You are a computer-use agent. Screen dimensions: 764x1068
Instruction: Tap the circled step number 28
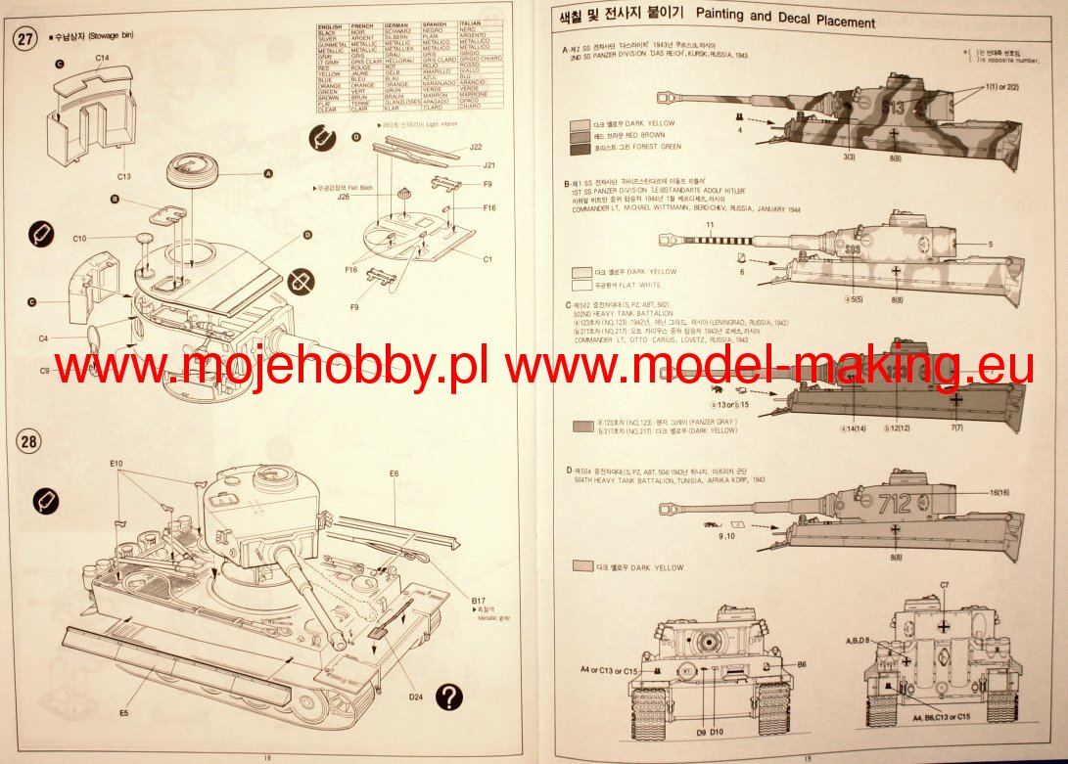(x=30, y=441)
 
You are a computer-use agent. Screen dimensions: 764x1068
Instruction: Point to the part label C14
(x=102, y=59)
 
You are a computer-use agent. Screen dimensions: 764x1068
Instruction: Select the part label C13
(x=124, y=176)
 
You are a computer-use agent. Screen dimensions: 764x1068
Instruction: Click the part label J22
(x=476, y=147)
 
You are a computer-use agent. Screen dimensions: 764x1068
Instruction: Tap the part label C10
(x=80, y=239)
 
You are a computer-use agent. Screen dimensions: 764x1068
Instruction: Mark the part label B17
(x=478, y=601)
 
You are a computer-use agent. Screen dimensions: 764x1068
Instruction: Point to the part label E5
(x=124, y=713)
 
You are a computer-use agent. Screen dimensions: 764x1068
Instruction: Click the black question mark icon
(x=449, y=697)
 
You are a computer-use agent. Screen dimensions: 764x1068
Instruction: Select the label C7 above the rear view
(x=943, y=585)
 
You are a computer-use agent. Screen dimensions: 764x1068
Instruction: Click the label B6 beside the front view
(x=801, y=663)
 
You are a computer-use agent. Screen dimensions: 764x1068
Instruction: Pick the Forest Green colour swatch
(x=579, y=147)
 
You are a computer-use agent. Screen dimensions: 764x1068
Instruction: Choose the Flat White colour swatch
(x=579, y=285)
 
